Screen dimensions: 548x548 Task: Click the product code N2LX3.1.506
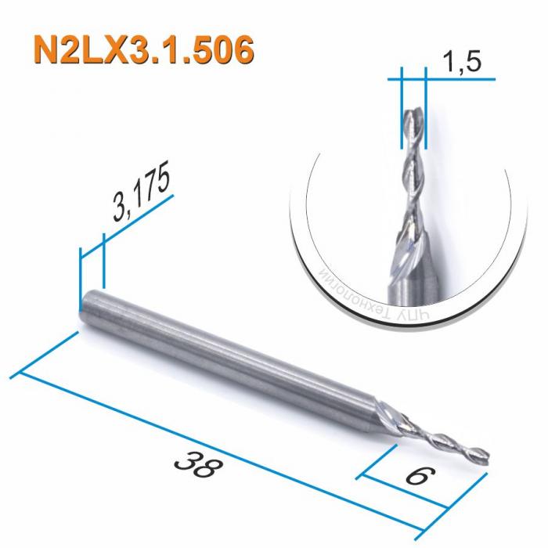144,49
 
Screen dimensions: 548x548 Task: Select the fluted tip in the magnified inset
413,129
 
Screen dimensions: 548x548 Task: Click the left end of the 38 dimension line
20,371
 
